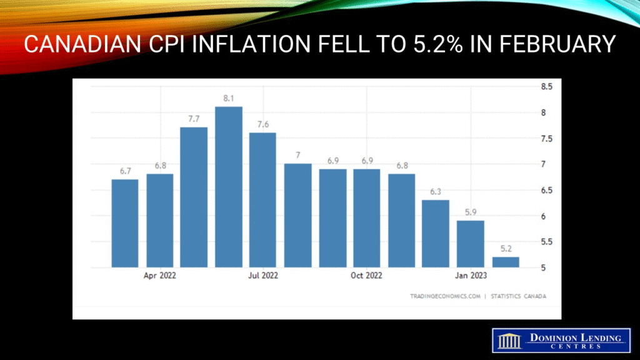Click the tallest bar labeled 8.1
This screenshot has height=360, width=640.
tap(229, 187)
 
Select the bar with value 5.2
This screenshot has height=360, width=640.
tap(505, 262)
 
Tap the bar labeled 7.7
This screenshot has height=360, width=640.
tap(194, 197)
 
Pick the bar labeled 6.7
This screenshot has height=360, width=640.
tap(125, 223)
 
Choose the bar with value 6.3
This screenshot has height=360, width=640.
tap(436, 233)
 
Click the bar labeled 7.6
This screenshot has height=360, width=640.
tap(263, 199)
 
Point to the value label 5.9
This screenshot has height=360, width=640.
tap(471, 212)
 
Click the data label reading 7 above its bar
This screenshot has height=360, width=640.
tap(298, 155)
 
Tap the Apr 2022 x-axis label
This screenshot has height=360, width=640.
tap(159, 276)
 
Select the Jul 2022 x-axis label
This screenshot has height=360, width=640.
tap(262, 276)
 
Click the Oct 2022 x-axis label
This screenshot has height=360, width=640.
tap(366, 276)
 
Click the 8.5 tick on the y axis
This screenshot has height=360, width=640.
tap(546, 87)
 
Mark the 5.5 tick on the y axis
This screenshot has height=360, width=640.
tap(546, 242)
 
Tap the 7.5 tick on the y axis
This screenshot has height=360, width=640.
tap(546, 139)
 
